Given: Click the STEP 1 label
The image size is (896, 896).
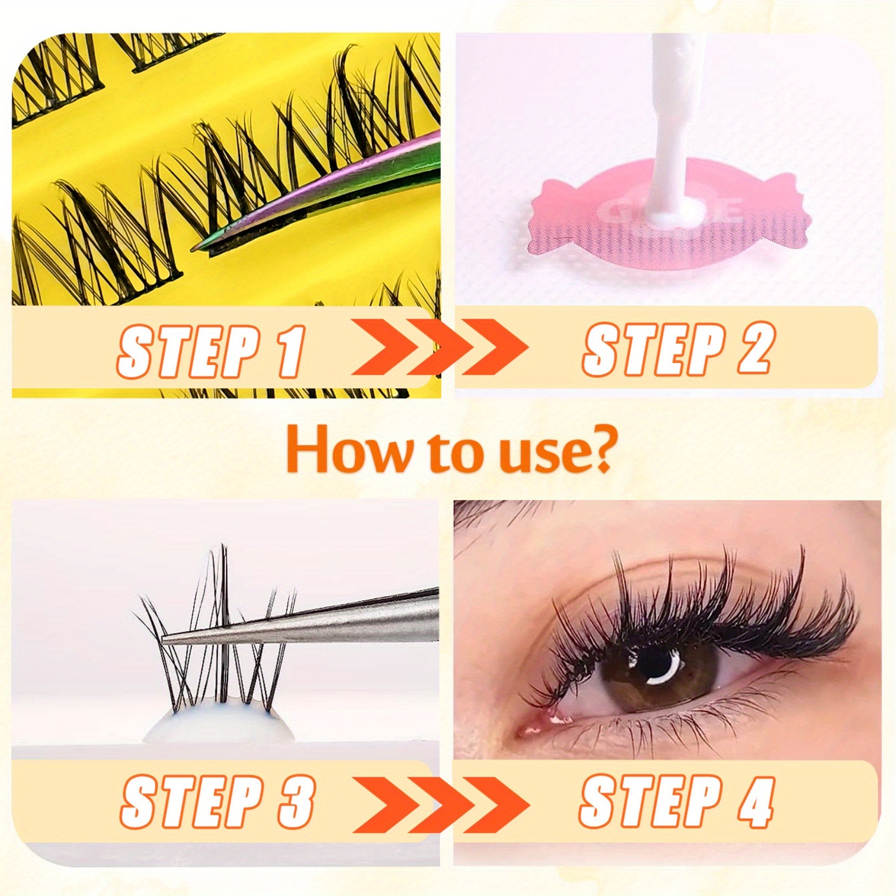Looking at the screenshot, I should [x=211, y=351].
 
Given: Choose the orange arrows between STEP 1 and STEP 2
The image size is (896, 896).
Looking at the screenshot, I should [x=440, y=347].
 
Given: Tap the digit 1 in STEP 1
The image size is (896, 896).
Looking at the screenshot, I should [x=291, y=351].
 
